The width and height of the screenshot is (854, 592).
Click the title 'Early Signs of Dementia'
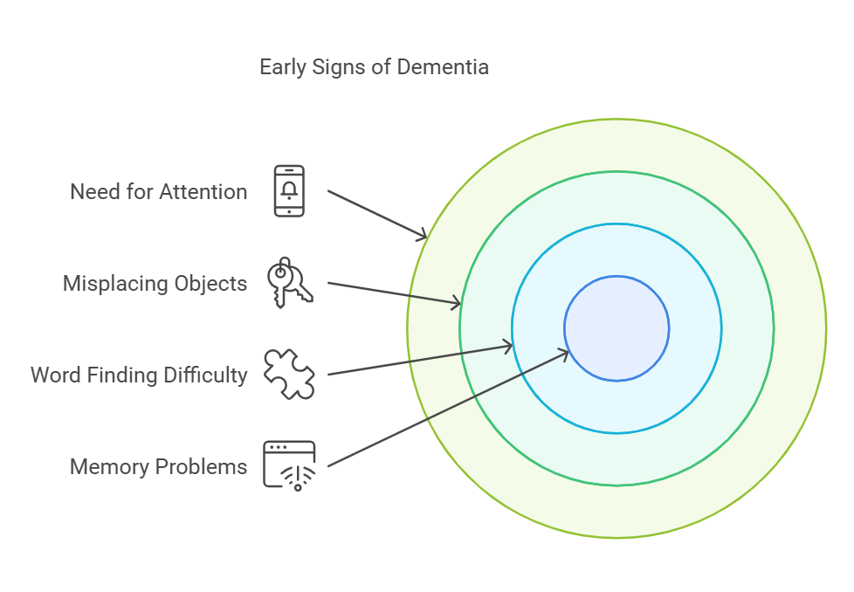coord(374,67)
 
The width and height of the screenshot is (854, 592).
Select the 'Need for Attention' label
coord(158,191)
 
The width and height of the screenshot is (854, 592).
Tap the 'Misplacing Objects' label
coord(155,283)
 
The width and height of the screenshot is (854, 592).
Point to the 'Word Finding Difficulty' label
coord(139,375)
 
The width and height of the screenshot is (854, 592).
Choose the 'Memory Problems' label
coord(158,466)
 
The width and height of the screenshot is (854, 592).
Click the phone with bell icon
coord(289,190)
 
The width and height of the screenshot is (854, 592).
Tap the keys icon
coord(289,282)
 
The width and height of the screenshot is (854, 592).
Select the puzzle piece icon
coord(289,374)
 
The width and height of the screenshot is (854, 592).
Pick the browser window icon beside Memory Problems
coord(289,465)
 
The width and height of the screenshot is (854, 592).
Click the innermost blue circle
coord(616,328)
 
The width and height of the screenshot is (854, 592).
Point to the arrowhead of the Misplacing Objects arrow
coord(457,304)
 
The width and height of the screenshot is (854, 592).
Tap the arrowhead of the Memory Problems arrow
coord(566,353)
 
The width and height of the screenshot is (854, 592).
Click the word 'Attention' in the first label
coord(206,191)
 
